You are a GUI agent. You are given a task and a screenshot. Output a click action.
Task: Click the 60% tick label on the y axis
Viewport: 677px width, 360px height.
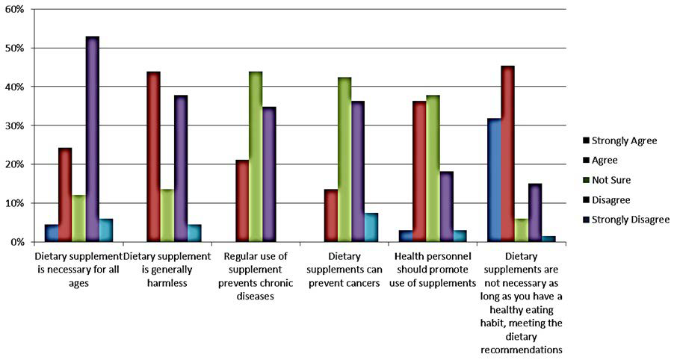click(15, 9)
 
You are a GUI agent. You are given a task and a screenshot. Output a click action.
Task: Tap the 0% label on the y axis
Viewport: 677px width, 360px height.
click(17, 242)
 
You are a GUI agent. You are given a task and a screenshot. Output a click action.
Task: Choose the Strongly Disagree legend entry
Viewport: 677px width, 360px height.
click(628, 220)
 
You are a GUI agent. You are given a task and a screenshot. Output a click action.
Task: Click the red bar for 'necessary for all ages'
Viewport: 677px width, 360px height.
click(65, 195)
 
